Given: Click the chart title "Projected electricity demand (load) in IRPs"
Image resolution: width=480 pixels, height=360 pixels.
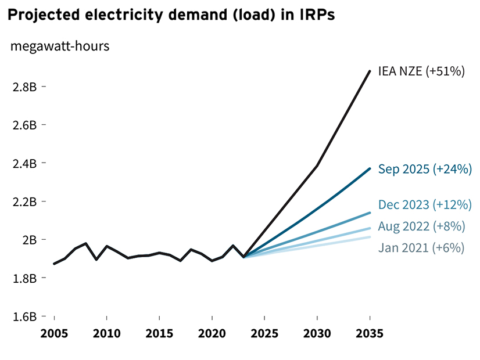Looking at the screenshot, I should point(171,16).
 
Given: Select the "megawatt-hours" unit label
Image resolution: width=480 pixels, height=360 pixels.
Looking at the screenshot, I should point(60,46).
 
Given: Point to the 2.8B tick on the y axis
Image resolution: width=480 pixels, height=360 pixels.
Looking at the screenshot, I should point(25,87).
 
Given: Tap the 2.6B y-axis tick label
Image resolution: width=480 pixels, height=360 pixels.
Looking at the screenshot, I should point(25,125).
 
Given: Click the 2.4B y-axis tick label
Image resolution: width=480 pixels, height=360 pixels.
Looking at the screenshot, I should point(25,164).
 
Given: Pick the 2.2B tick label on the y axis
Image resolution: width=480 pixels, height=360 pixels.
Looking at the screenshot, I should point(25,202).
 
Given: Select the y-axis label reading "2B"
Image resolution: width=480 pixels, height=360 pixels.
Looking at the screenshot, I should point(29,240).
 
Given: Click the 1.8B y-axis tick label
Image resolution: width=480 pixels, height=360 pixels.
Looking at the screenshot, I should point(25,279).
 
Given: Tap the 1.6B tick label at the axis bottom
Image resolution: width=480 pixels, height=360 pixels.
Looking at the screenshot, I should point(25,317).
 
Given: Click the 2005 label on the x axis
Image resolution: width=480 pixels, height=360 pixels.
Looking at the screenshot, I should point(54,334).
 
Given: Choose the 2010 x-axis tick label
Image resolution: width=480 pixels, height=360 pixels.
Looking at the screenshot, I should point(107,334).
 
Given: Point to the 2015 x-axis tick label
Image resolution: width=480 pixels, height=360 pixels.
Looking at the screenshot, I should point(159,334).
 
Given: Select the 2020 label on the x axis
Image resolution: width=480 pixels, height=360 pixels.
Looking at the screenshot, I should point(212,334).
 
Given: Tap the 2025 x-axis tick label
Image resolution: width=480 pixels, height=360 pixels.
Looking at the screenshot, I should point(264,334).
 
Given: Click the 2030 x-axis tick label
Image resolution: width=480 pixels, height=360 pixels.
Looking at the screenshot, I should point(317,334).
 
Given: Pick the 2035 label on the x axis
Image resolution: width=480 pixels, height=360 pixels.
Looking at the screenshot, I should point(370,334).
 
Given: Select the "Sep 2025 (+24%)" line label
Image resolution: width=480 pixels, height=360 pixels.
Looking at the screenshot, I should point(424,170).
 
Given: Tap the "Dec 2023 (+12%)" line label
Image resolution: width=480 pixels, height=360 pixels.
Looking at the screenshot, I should point(425,204).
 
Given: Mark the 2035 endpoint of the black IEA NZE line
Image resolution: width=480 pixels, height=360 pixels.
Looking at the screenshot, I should point(370,71).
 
